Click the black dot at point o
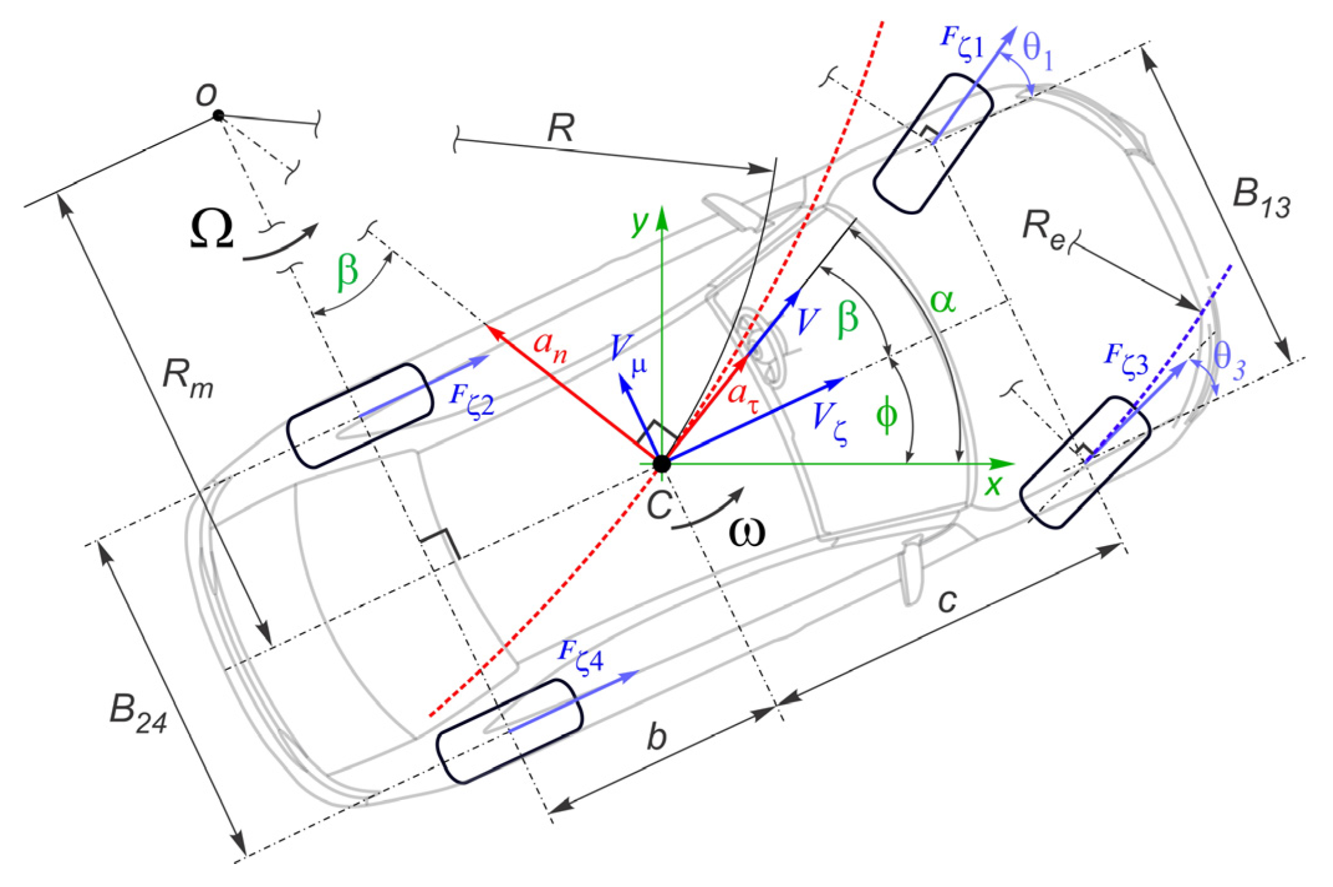pyautogui.click(x=218, y=115)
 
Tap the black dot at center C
pyautogui.click(x=662, y=463)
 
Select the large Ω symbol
pyautogui.click(x=211, y=229)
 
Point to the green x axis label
pyautogui.click(x=993, y=484)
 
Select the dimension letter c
pyautogui.click(x=947, y=601)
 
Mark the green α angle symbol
pyautogui.click(x=943, y=302)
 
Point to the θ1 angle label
pyautogui.click(x=1038, y=50)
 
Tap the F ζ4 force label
pyautogui.click(x=581, y=656)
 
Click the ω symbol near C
pyautogui.click(x=746, y=532)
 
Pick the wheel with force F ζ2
pyautogui.click(x=360, y=416)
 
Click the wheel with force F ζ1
pyautogui.click(x=932, y=144)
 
